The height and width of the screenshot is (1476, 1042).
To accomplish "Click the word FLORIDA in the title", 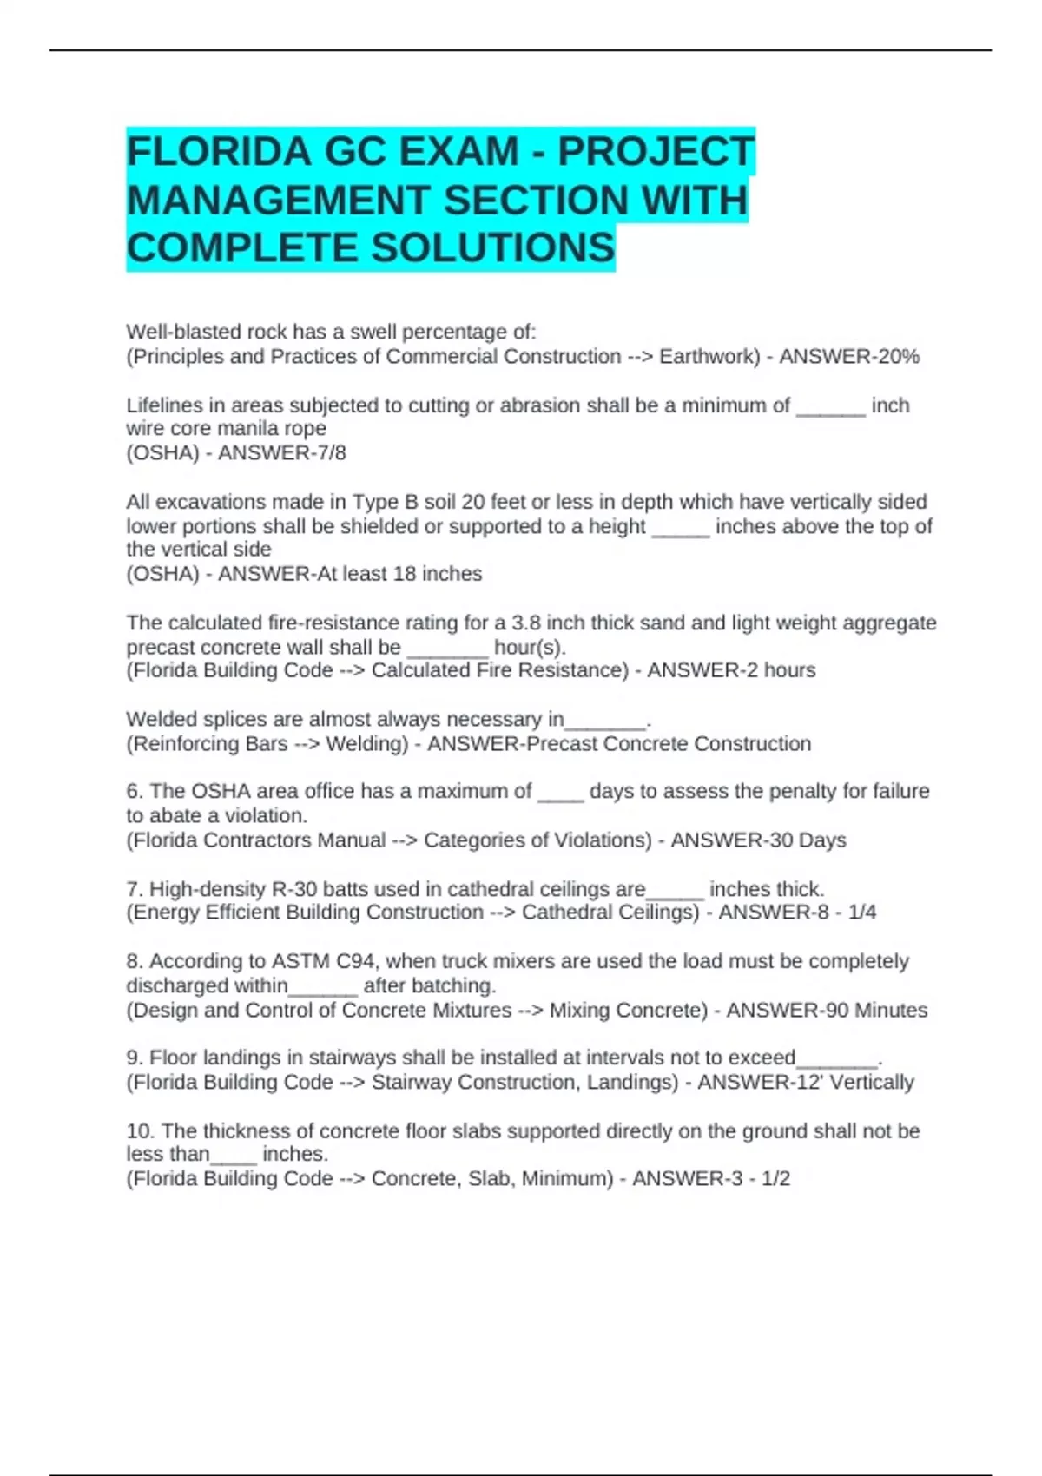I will [x=219, y=152].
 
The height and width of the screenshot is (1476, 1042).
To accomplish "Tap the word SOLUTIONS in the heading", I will [x=493, y=248].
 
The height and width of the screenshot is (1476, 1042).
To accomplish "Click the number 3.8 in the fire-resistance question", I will [x=529, y=623].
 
